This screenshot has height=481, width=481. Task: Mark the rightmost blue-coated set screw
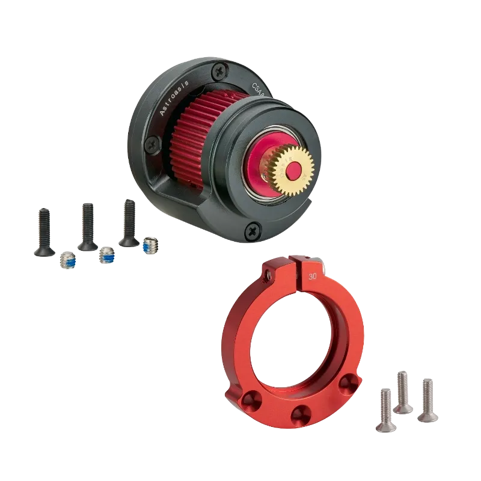[150, 245]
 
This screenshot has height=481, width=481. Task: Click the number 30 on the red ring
[311, 277]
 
